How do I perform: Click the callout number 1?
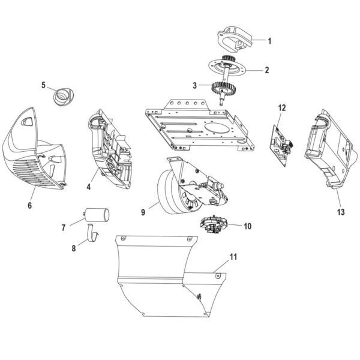(x=269, y=41)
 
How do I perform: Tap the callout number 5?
(x=43, y=85)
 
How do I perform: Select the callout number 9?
(x=143, y=211)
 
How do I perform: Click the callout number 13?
(x=341, y=211)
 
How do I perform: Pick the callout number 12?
(x=282, y=108)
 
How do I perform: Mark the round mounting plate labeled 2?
(x=229, y=68)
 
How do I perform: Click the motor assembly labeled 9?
(x=180, y=189)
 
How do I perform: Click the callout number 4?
(x=88, y=187)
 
